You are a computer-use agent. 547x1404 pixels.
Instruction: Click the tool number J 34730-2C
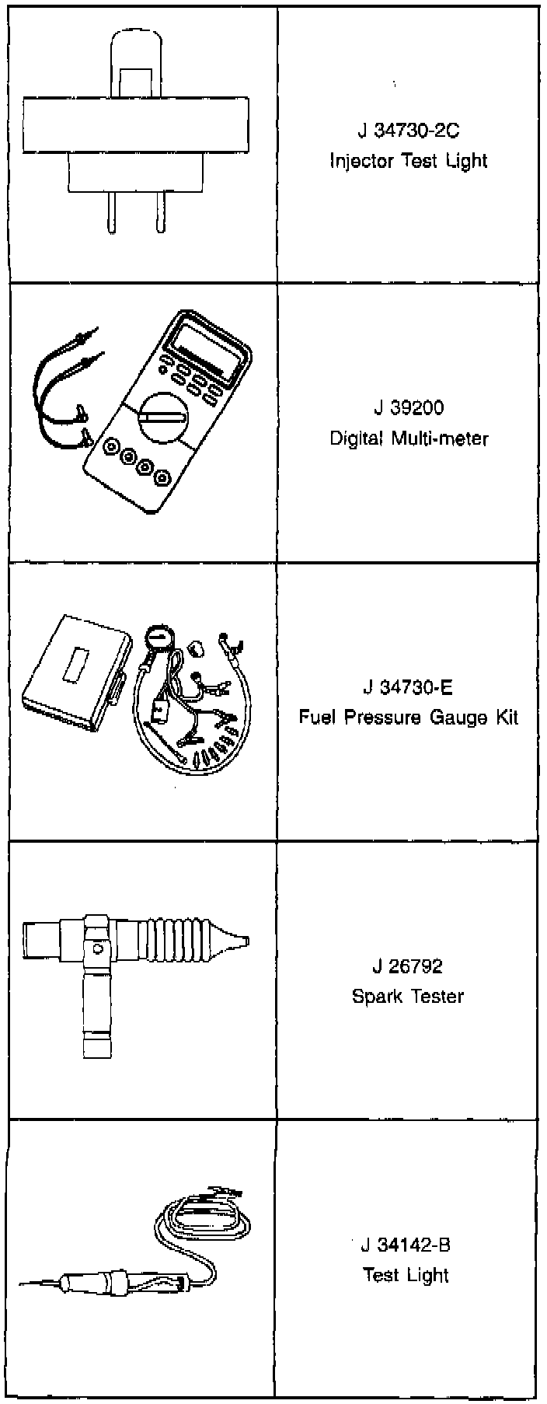[408, 131]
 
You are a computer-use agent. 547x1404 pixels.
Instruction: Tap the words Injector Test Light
[408, 162]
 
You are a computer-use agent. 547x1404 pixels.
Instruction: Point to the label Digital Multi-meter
[408, 438]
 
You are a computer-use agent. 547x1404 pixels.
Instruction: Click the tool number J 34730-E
[408, 687]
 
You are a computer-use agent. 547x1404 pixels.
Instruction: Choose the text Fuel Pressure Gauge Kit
[408, 717]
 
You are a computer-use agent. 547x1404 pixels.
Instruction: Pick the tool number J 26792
[408, 966]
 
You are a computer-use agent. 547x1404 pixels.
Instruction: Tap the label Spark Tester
[408, 996]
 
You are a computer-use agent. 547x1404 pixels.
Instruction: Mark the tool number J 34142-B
[406, 1245]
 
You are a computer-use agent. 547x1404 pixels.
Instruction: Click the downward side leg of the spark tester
[97, 1011]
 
